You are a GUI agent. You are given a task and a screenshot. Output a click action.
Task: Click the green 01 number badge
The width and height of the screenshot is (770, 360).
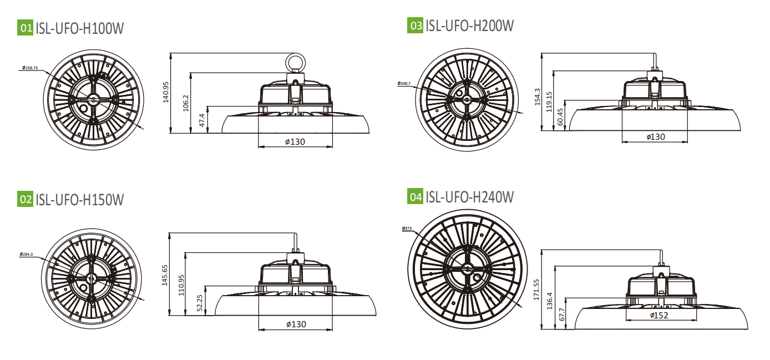point(26,28)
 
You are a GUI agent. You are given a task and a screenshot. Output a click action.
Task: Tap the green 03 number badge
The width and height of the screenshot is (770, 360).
point(415,25)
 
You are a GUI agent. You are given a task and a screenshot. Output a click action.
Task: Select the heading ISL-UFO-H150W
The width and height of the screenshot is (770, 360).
point(79,199)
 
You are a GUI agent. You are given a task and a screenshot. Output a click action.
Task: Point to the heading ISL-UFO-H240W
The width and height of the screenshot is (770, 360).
point(469,196)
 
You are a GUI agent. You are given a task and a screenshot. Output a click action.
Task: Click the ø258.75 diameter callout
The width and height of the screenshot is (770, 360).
point(29,68)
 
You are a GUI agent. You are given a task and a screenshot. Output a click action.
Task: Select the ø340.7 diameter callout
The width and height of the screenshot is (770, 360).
point(404,83)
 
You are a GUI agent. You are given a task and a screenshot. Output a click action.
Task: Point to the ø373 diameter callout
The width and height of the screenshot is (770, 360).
point(405,228)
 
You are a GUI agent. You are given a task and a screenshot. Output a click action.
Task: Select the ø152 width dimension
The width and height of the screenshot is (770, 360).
point(659,316)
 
